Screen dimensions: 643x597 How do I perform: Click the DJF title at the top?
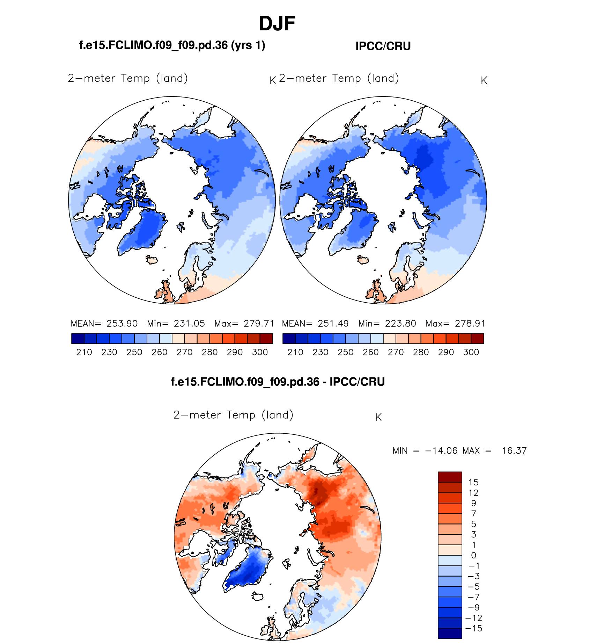(x=277, y=24)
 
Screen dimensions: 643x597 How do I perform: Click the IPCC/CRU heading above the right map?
(x=383, y=46)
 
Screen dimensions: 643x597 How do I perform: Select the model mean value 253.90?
(x=122, y=324)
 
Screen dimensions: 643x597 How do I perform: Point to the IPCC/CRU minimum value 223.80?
(x=400, y=324)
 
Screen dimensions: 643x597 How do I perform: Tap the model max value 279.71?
(x=259, y=324)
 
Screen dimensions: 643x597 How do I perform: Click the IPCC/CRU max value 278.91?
(x=470, y=324)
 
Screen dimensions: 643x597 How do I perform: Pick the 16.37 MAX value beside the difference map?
(x=514, y=451)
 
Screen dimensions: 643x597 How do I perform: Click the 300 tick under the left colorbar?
(x=260, y=352)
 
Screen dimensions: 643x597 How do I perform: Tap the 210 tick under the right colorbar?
(x=295, y=352)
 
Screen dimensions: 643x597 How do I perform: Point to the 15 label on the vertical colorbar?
(x=473, y=483)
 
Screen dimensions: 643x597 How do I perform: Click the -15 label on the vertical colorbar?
(x=474, y=629)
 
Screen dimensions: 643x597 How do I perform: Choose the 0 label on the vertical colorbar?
(x=473, y=556)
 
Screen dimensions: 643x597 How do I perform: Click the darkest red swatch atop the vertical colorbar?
(x=450, y=477)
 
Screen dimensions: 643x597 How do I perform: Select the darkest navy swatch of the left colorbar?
(x=78, y=339)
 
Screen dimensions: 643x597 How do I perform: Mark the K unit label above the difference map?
(x=378, y=417)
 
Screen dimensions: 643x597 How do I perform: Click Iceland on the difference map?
(x=258, y=597)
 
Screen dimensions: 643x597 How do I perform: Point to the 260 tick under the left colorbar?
(x=160, y=352)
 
